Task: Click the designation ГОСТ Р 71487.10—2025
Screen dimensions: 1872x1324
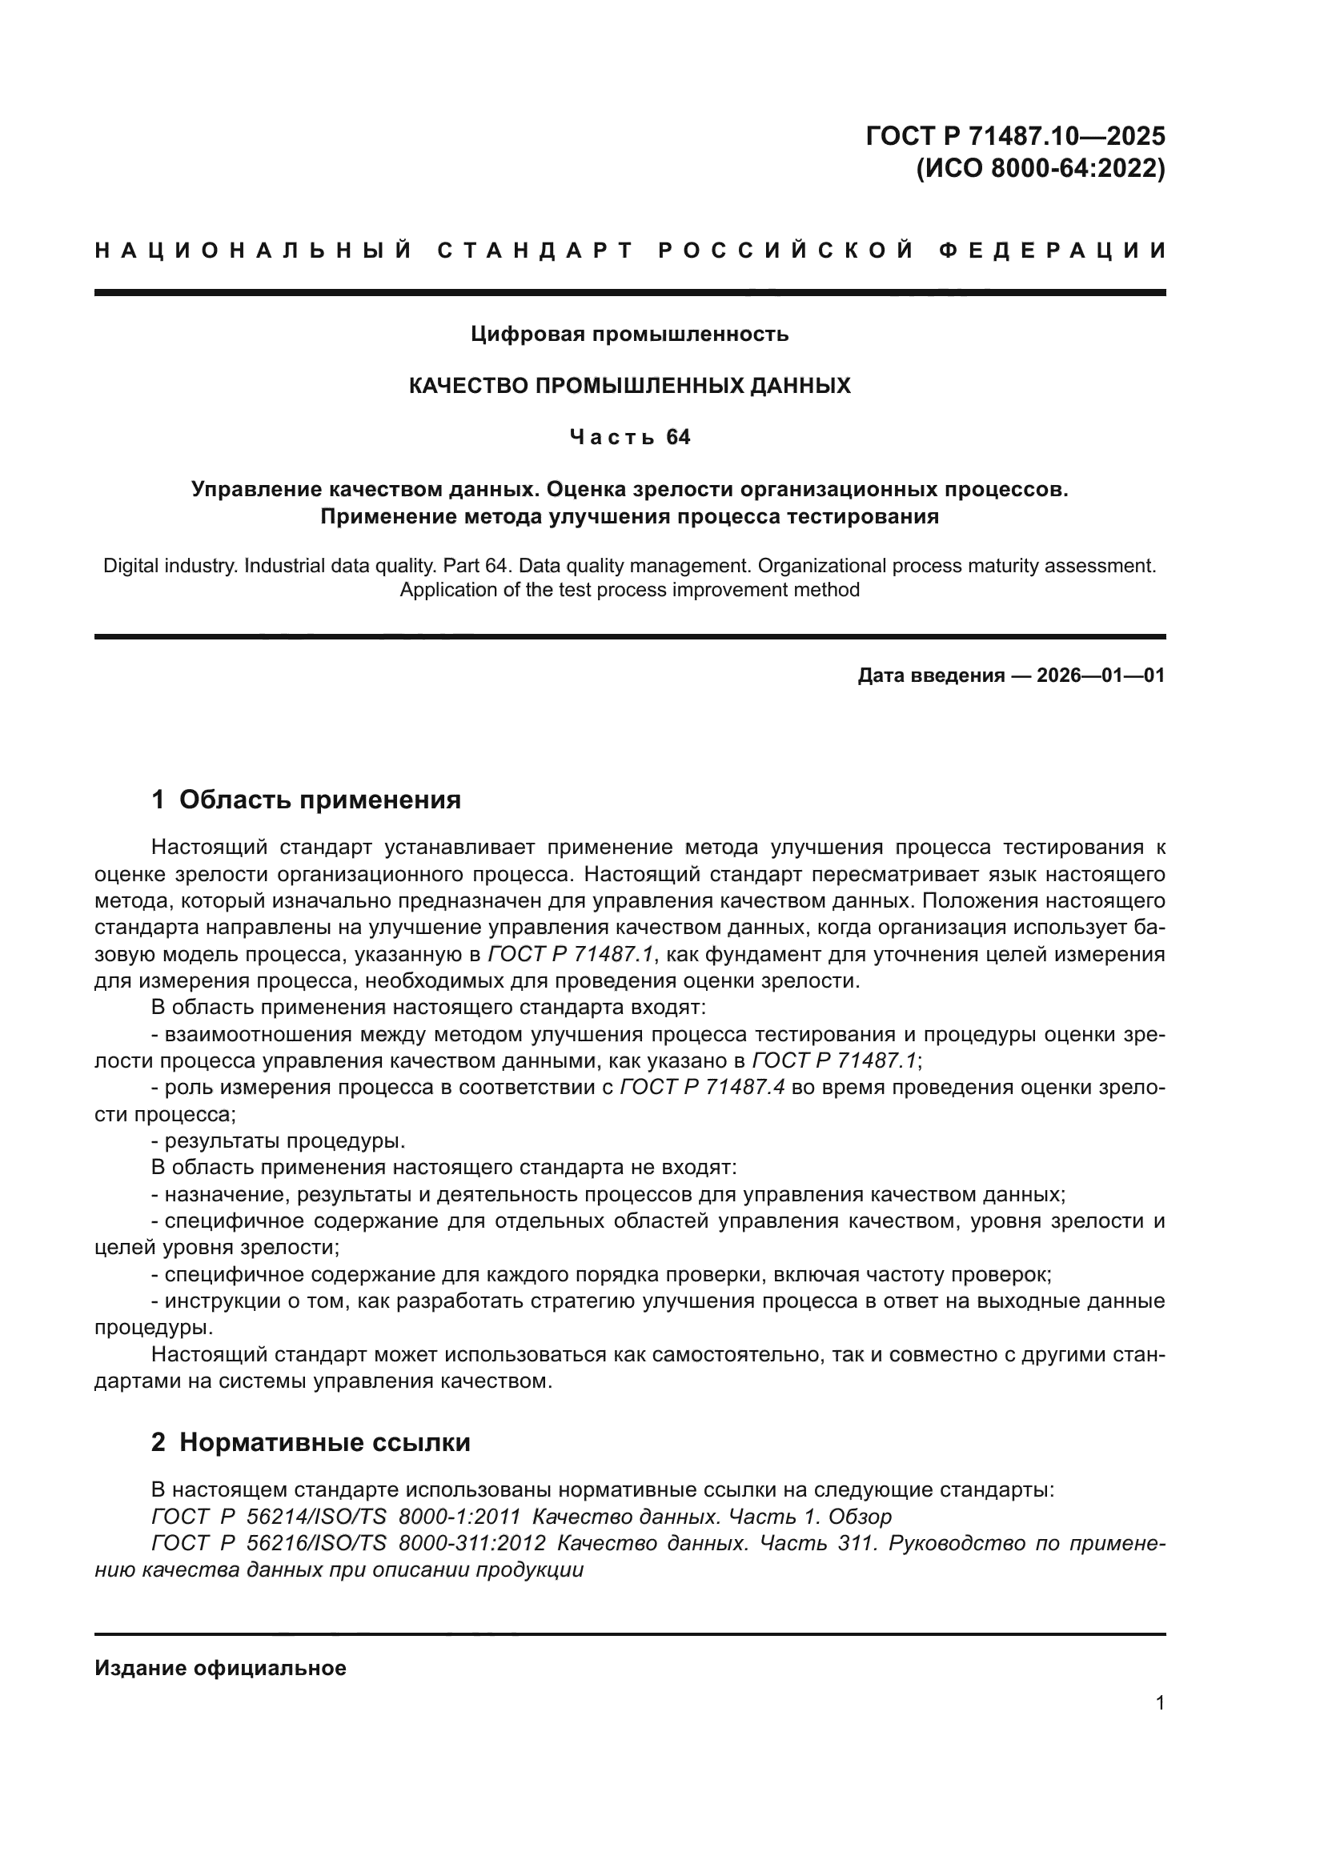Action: pyautogui.click(x=1015, y=135)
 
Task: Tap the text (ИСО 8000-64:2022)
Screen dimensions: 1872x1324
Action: pyautogui.click(x=1041, y=168)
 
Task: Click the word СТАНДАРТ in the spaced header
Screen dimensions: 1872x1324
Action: pyautogui.click(x=536, y=251)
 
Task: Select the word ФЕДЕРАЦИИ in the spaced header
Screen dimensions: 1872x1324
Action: pyautogui.click(x=1053, y=251)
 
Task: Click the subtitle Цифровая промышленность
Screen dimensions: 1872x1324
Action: pyautogui.click(x=629, y=334)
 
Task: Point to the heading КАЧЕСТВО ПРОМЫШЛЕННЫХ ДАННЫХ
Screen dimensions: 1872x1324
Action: pyautogui.click(x=629, y=386)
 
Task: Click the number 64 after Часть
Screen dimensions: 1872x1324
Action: pyautogui.click(x=677, y=438)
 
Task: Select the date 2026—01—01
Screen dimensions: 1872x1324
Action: pyautogui.click(x=1101, y=675)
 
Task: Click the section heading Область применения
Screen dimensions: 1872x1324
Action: pyautogui.click(x=319, y=800)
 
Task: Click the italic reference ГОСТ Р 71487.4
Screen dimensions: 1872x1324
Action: pyautogui.click(x=702, y=1088)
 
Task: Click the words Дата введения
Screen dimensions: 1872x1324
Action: pyautogui.click(x=930, y=675)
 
